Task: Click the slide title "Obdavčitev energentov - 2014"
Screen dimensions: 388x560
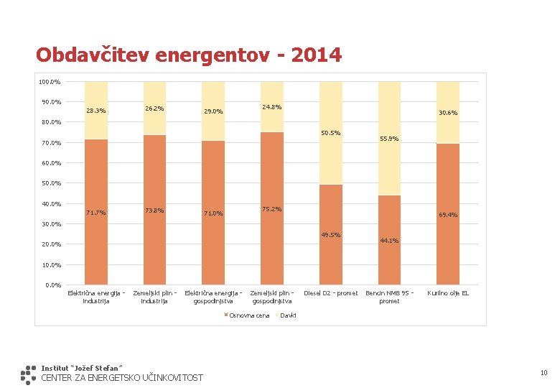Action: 189,55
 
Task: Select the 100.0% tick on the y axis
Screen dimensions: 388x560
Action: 50,81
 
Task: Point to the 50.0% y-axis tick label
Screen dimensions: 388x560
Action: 50,183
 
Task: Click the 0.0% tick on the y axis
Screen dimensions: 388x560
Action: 52,285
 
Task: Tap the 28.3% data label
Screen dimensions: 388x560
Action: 95,111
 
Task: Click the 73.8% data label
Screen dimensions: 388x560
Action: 154,211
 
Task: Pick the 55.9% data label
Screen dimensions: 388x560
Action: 388,139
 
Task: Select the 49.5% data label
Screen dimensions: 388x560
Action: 331,235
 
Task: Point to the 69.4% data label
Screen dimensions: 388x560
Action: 447,215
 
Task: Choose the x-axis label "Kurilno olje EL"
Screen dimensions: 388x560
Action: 448,293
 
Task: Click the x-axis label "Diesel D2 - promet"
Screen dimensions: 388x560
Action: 331,293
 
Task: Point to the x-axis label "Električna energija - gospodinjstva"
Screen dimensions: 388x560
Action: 213,297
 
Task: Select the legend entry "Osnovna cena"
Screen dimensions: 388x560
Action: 246,315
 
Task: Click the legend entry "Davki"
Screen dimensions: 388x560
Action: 286,315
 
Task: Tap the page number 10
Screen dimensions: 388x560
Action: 543,372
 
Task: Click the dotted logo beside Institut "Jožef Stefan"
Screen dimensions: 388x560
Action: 28,374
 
